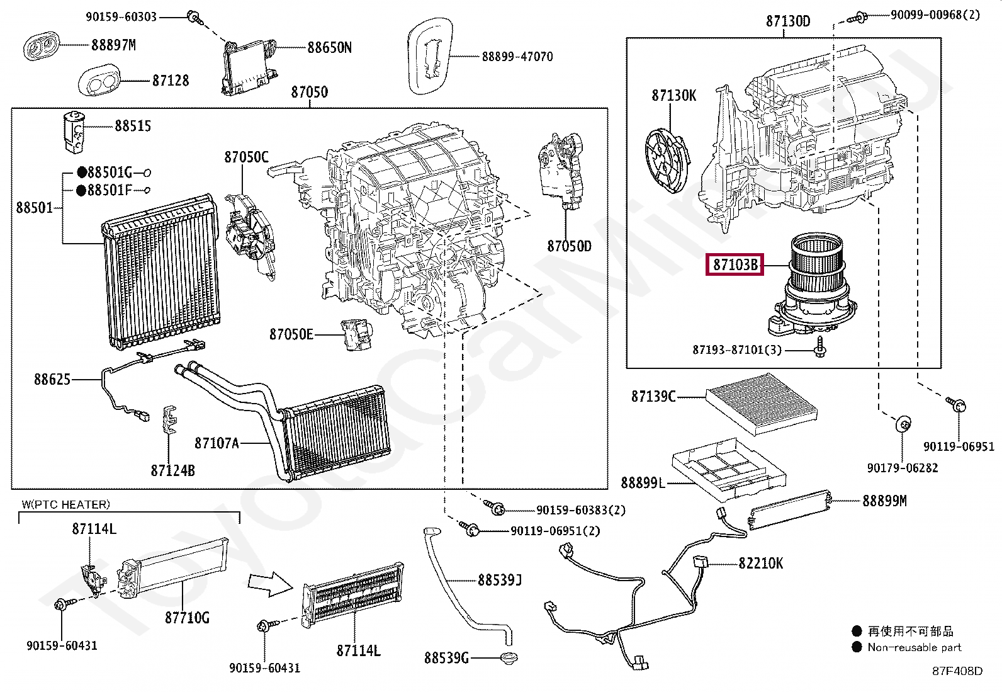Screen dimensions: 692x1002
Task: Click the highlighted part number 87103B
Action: (x=735, y=265)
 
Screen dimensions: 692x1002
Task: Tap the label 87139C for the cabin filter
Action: (x=653, y=397)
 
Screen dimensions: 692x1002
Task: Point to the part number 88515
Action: (x=133, y=126)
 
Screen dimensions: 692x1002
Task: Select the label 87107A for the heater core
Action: (x=217, y=443)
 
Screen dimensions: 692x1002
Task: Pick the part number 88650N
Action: (x=329, y=48)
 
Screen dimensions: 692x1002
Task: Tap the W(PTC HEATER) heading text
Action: (x=65, y=504)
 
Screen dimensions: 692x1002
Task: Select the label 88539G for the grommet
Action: (x=446, y=659)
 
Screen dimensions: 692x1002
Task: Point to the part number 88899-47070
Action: (x=517, y=57)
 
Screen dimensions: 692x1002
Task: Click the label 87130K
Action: (x=673, y=96)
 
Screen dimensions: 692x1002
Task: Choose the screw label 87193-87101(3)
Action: (x=737, y=349)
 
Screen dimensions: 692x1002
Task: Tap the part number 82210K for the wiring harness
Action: (x=760, y=563)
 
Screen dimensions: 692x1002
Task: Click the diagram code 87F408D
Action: (x=957, y=671)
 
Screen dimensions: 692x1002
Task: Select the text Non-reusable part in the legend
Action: (x=914, y=647)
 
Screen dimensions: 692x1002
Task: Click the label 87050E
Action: (x=291, y=334)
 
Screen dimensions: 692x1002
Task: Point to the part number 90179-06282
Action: (x=902, y=468)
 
